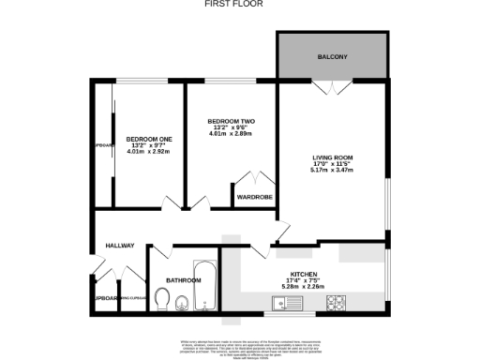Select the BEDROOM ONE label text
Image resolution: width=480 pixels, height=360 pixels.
point(150,140)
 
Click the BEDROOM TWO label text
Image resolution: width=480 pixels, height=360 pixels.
point(232,123)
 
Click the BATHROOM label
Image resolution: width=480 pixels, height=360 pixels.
point(184,280)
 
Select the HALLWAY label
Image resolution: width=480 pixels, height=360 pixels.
point(120,246)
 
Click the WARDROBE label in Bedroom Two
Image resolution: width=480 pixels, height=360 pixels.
point(254,198)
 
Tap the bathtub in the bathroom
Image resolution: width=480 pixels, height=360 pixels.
point(205,286)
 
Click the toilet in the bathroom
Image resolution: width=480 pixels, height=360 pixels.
point(161,300)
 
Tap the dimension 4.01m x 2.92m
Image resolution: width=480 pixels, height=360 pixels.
point(150,153)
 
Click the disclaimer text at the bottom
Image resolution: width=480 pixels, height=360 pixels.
point(240,347)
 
